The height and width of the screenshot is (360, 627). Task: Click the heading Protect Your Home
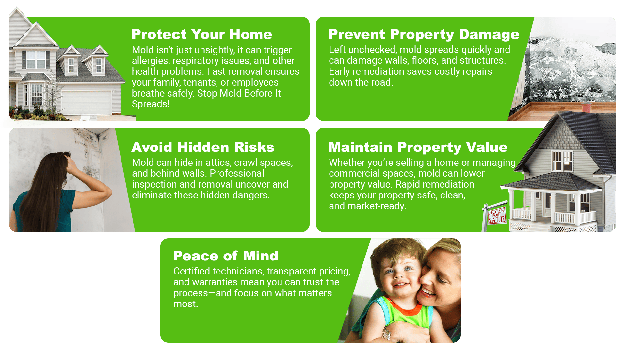(202, 34)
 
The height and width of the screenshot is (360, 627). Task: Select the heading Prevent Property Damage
(424, 35)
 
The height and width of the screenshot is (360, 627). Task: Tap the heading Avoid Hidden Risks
(203, 147)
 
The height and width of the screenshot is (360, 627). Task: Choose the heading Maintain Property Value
(418, 148)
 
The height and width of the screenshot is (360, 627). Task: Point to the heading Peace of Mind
(226, 256)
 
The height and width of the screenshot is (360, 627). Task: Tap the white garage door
(87, 102)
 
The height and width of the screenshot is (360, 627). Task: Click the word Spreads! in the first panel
(151, 104)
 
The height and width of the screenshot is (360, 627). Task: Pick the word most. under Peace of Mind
(185, 304)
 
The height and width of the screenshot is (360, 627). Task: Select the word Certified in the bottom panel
(193, 271)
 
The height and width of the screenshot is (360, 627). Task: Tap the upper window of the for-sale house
(562, 161)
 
